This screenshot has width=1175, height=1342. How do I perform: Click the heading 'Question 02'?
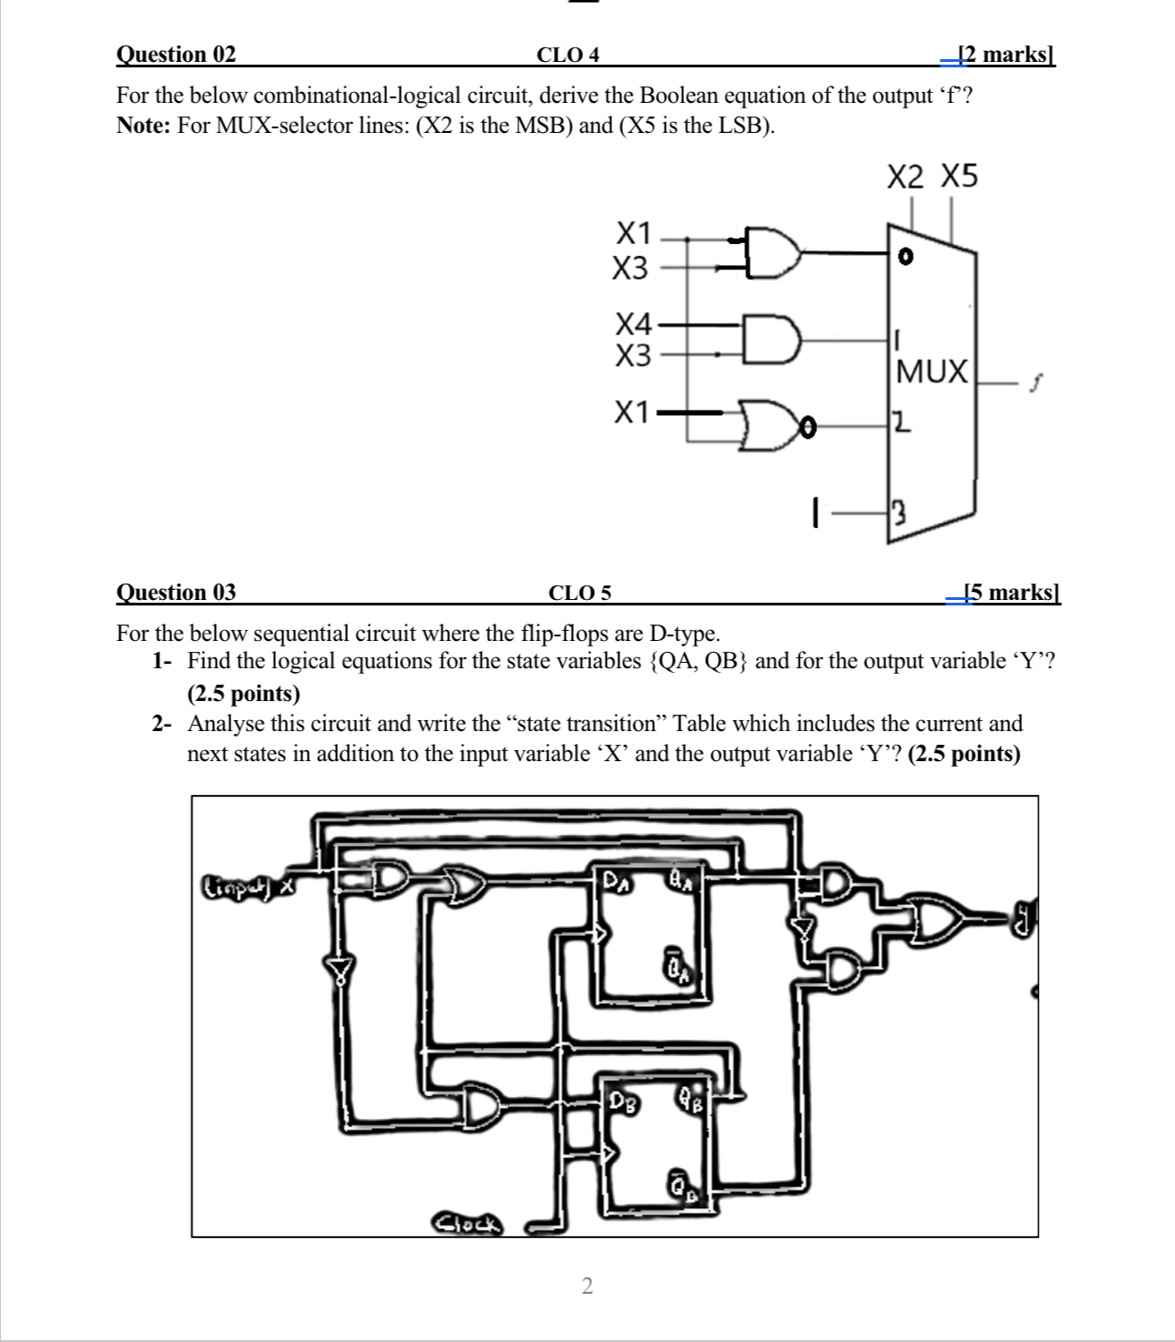coord(176,55)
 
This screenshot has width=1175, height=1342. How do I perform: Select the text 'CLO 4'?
coord(567,55)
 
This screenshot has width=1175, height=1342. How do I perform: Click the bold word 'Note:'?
coord(144,126)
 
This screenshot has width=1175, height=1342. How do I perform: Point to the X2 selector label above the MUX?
coord(904,177)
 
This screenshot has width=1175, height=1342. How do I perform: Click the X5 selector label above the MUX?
coord(958,176)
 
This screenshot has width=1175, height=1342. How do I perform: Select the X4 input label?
coord(633,323)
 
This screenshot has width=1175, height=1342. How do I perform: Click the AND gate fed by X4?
coord(771,339)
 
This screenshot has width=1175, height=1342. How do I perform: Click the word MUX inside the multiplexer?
coord(932,371)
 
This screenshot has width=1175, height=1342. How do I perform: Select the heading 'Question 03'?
coord(176,593)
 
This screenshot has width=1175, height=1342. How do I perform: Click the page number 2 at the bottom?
coord(587,1286)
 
